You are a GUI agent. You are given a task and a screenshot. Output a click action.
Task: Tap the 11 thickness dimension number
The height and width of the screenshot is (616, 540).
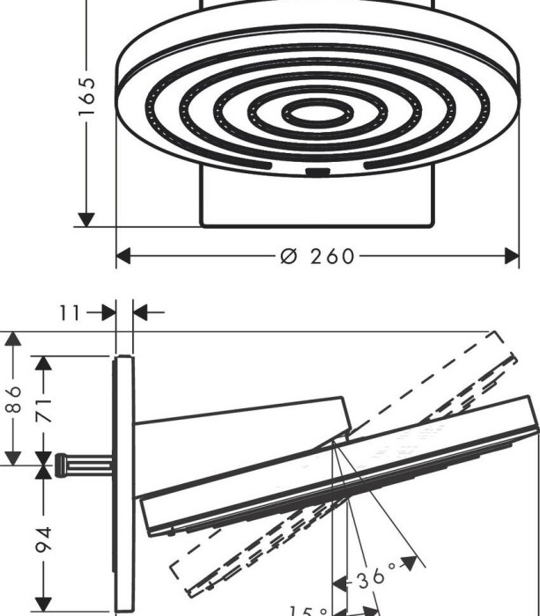pos(71,312)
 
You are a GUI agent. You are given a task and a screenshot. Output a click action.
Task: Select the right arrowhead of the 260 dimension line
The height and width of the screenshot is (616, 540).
pos(511,256)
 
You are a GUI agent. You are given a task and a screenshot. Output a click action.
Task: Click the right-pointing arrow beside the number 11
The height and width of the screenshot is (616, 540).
pos(109,312)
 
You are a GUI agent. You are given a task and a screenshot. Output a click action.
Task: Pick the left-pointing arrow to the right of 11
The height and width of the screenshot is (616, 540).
pos(141,312)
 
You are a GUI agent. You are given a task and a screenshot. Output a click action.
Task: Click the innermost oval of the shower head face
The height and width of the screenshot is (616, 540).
pos(314,113)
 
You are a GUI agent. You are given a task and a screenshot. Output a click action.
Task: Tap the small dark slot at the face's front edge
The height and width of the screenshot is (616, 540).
pos(318,170)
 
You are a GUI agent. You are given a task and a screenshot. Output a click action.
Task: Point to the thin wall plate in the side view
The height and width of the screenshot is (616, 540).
pos(124,484)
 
